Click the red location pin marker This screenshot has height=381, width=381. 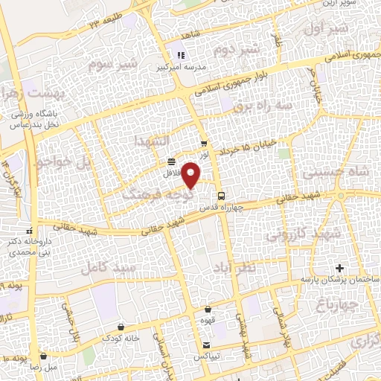[x=193, y=176]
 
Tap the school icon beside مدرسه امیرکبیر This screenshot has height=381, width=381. [x=179, y=54]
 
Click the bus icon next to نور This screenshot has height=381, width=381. [x=204, y=144]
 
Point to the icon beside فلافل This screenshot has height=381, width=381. [x=172, y=161]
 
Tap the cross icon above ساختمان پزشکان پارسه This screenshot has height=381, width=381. [x=339, y=267]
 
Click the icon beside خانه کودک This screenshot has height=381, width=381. [x=121, y=327]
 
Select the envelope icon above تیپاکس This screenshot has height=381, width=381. [x=207, y=346]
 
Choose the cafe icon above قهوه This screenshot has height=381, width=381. [x=208, y=310]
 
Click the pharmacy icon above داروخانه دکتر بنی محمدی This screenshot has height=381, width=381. [x=30, y=230]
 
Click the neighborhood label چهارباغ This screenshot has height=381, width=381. [x=337, y=304]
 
